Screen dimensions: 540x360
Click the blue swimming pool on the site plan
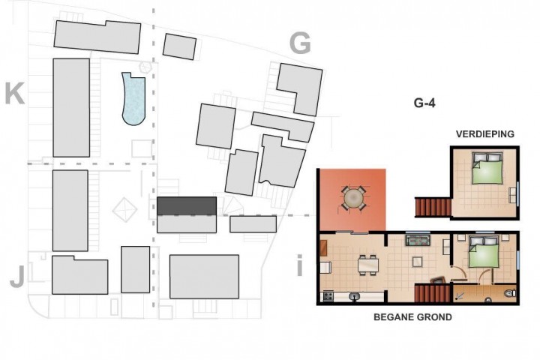pos(134,100)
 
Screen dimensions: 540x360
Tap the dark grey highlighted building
pos(187,205)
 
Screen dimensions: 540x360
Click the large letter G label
pos(300,43)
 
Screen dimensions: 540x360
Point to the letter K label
pos(15,93)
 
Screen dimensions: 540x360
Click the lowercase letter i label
pos(299,265)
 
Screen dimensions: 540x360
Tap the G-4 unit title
pos(424,103)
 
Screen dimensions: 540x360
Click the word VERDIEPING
pos(485,134)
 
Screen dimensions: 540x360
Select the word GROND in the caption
pos(434,317)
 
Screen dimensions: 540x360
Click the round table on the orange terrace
pos(353,198)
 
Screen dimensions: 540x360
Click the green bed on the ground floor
pos(484,251)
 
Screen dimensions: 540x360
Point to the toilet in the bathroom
pos(510,293)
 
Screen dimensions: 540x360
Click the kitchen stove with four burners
pos(328,296)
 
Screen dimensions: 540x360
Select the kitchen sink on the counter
pos(354,296)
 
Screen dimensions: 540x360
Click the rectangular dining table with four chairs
pos(367,265)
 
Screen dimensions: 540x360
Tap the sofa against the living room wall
pos(418,240)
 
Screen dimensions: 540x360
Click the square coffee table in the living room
pos(418,262)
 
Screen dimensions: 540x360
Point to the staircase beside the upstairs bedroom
pos(433,207)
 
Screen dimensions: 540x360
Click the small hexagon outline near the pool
pos(145,67)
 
